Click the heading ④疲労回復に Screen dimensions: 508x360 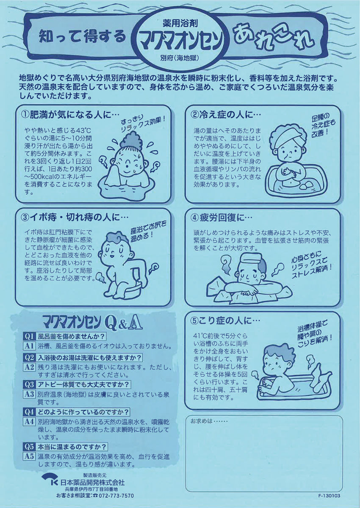221,218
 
